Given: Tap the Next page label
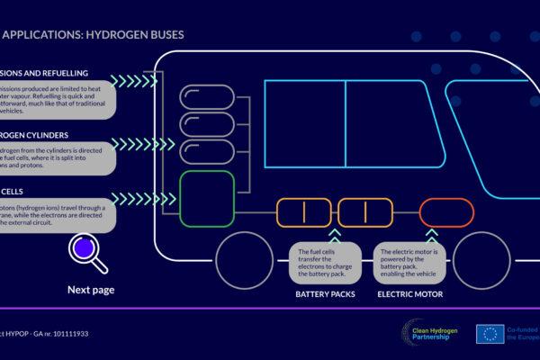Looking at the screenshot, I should pyautogui.click(x=91, y=290).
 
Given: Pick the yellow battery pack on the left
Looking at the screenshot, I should pyautogui.click(x=302, y=214).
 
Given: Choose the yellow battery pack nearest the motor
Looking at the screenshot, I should pyautogui.click(x=366, y=214).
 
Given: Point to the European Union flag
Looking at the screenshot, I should pyautogui.click(x=491, y=334).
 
